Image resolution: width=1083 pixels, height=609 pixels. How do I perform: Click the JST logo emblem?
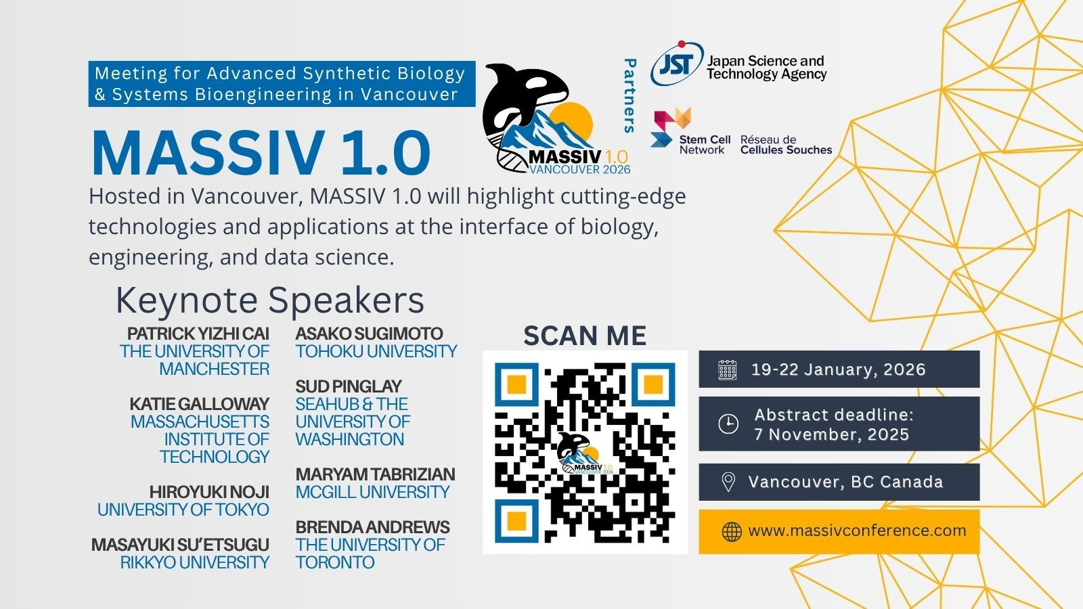677,64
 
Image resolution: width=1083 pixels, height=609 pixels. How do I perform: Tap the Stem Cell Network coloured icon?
671,128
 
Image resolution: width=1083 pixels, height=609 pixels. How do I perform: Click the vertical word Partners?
629,95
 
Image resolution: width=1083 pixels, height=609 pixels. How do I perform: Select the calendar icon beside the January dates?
727,369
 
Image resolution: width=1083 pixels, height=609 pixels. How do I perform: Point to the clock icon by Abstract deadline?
728,424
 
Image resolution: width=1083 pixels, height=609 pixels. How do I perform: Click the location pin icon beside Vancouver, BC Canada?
728,482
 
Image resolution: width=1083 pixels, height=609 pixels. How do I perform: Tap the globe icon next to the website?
732,532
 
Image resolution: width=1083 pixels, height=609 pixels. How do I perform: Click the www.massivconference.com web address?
857,531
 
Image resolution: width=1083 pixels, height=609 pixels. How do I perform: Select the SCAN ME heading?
585,336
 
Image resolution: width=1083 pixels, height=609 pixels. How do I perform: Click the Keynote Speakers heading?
270,300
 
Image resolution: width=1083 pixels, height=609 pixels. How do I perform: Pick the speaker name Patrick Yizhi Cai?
198,334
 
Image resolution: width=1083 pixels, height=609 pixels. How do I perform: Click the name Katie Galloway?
199,403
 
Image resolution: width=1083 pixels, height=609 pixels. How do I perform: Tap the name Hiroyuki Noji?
209,492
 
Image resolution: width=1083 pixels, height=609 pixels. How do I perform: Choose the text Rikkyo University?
195,562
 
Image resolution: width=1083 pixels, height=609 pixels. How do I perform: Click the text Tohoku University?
376,351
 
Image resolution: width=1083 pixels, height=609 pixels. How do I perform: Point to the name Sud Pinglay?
349,386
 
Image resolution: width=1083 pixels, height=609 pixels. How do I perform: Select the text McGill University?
373,492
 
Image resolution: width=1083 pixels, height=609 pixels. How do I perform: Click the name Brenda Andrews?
373,527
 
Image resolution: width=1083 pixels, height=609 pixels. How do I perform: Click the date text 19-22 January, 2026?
839,369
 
